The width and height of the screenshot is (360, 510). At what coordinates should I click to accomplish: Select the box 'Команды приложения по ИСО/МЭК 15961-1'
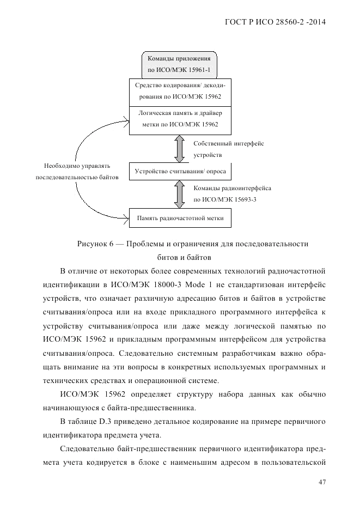coord(179,65)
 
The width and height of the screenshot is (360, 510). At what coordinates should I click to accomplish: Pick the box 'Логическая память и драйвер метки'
coord(179,120)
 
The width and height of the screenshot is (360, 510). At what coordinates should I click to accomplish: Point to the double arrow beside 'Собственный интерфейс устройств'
coord(179,149)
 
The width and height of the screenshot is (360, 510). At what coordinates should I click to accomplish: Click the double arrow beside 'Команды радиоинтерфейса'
coord(179,194)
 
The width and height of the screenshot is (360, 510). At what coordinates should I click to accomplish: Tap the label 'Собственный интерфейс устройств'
coord(228,149)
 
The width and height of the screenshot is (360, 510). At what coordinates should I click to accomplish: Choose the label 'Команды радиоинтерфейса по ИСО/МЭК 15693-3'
coord(232,194)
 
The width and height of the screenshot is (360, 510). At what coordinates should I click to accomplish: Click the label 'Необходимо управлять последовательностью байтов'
coord(77,171)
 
